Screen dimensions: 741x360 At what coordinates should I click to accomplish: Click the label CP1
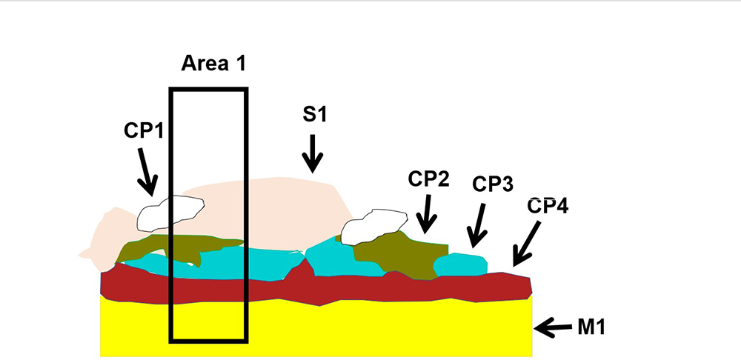(144, 131)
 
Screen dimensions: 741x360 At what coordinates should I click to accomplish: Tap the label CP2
(428, 179)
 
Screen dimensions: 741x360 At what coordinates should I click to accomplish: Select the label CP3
(493, 184)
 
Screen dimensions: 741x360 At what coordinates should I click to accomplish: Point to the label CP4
(548, 206)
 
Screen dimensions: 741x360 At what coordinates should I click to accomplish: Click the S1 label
(315, 114)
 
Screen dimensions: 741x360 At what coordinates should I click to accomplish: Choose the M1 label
(591, 327)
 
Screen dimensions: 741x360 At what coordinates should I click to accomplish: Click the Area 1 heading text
(213, 63)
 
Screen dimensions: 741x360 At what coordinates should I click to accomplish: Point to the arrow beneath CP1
(147, 172)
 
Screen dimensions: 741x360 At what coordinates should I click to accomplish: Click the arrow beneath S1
(313, 153)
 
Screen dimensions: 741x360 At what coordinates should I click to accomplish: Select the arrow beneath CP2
(426, 214)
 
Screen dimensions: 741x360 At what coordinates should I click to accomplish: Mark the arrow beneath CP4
(526, 244)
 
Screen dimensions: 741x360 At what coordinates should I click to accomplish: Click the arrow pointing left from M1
(553, 327)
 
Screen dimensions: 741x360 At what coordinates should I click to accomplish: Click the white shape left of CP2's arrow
(373, 227)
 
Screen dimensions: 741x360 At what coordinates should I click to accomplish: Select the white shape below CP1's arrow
(170, 213)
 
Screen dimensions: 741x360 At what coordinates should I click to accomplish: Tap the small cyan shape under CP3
(460, 264)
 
